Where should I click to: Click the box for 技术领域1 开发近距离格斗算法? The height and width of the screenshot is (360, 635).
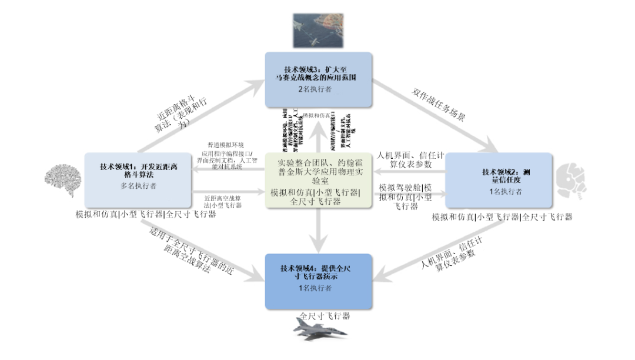pos(138,180)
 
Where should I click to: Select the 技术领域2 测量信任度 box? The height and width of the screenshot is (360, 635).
pos(499,180)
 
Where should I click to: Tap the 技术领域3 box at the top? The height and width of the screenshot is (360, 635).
pos(318,80)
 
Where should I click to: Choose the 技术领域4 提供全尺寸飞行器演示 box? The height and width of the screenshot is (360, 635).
pos(318,281)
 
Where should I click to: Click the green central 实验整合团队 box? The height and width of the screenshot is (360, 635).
pos(318,180)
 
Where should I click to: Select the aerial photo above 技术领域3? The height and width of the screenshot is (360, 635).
pos(318,29)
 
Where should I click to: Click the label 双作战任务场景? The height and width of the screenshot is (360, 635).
pos(439,105)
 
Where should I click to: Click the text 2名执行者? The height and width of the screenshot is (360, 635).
pos(318,90)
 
